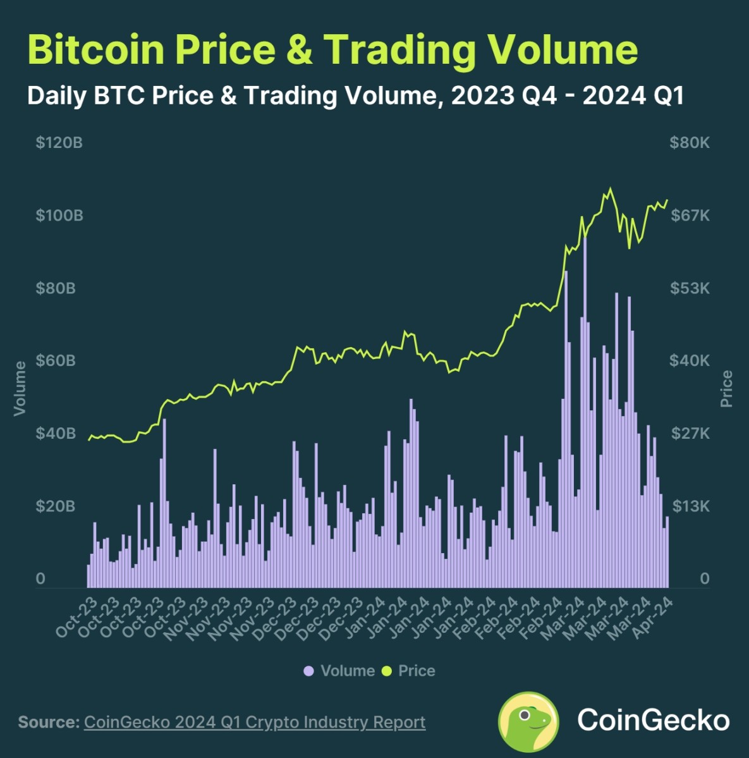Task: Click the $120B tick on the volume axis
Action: [59, 143]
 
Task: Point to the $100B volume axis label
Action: [59, 216]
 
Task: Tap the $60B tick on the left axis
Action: [56, 361]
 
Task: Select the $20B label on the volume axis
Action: [56, 506]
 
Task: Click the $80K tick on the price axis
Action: [690, 143]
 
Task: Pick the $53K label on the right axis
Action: [690, 288]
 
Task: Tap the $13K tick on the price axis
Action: [690, 506]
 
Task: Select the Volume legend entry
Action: [339, 671]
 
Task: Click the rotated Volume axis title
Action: [20, 388]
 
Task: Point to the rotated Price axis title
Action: [726, 388]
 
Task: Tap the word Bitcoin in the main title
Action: [97, 49]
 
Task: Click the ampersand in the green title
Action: [299, 49]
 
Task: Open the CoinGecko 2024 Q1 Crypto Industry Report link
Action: [254, 722]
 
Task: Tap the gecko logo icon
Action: [528, 721]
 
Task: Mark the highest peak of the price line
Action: [610, 188]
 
